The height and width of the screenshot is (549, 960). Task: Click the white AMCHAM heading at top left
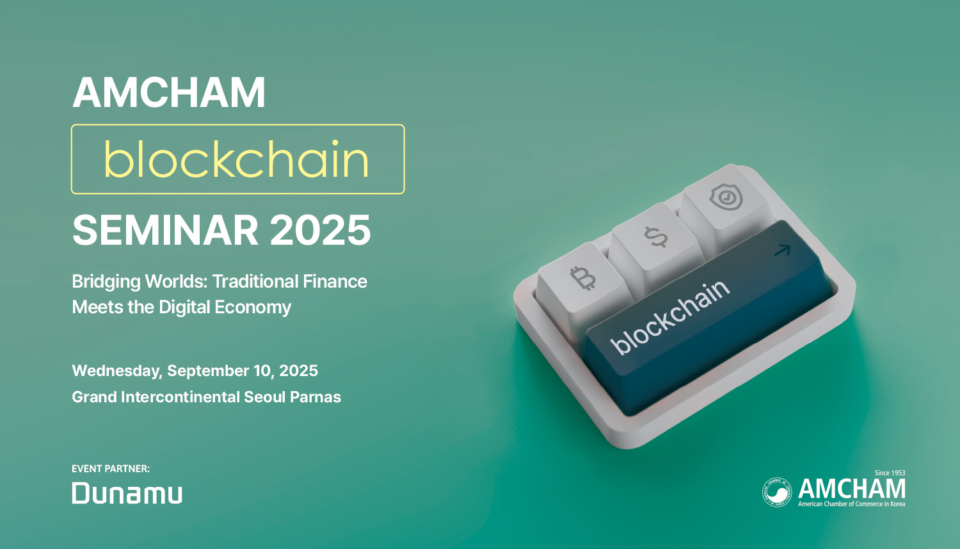click(x=169, y=92)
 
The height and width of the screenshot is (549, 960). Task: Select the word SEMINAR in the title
click(x=165, y=230)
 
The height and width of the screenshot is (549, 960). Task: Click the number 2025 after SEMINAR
click(x=320, y=230)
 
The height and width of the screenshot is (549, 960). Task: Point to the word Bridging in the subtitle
click(x=106, y=283)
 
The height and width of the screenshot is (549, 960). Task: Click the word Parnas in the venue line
click(x=316, y=397)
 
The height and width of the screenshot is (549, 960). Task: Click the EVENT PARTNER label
click(x=111, y=469)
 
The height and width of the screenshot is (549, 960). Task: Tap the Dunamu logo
click(x=127, y=493)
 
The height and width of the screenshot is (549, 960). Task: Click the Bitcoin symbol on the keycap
click(x=583, y=278)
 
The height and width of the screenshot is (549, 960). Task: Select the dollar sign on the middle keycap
click(x=656, y=237)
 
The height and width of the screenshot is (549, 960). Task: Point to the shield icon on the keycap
click(x=726, y=197)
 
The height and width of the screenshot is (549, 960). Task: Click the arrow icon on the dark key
click(x=783, y=250)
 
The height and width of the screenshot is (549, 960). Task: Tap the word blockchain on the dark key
click(x=671, y=316)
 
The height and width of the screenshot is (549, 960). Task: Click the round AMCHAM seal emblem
click(x=777, y=492)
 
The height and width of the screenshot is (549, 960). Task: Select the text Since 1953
click(x=890, y=473)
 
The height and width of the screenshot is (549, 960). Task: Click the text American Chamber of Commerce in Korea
click(x=852, y=504)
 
